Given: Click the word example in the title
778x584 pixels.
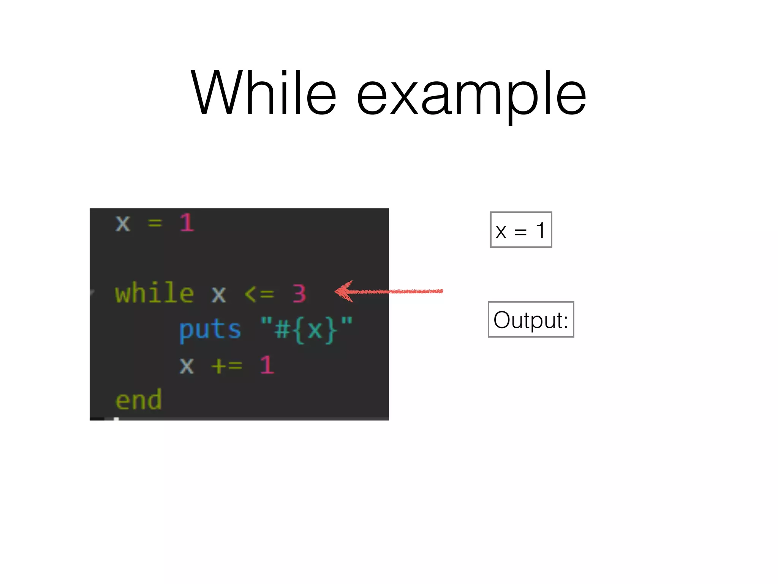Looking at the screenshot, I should click(x=471, y=95).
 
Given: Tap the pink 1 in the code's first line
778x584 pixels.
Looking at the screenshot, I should click(x=187, y=222).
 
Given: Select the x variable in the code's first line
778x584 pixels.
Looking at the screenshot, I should click(x=123, y=223).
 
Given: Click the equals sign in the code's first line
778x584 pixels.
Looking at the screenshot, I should click(x=155, y=223).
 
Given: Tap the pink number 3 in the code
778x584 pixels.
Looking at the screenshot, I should click(x=299, y=294).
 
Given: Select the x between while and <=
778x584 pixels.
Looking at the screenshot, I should click(x=219, y=294).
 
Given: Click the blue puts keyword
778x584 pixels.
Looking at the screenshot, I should click(x=210, y=330).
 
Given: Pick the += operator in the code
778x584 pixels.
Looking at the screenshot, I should click(x=226, y=366).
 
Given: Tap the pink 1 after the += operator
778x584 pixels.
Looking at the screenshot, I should click(x=267, y=365).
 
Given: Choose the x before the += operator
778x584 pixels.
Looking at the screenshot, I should click(x=187, y=366).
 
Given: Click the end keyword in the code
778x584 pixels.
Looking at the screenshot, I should click(x=139, y=400).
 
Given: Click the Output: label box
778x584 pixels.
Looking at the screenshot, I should click(x=531, y=320).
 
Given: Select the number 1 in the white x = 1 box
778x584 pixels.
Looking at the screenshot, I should click(x=541, y=230).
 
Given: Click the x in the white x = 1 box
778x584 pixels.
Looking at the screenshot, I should click(x=501, y=232).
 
